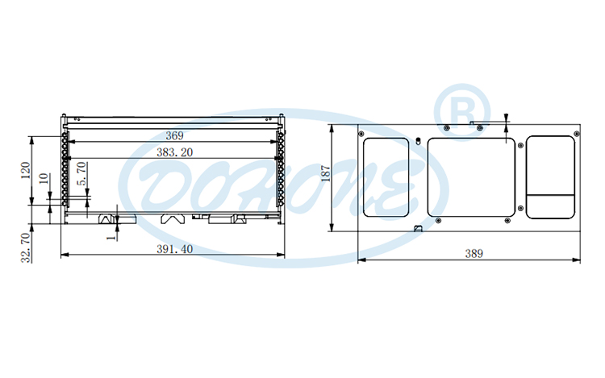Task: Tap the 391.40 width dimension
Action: click(x=173, y=249)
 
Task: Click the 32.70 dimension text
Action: click(x=26, y=247)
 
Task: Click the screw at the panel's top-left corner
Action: click(x=361, y=132)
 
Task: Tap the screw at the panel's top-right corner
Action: click(x=574, y=132)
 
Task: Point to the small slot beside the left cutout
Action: click(x=419, y=142)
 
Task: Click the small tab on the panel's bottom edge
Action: click(x=418, y=228)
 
